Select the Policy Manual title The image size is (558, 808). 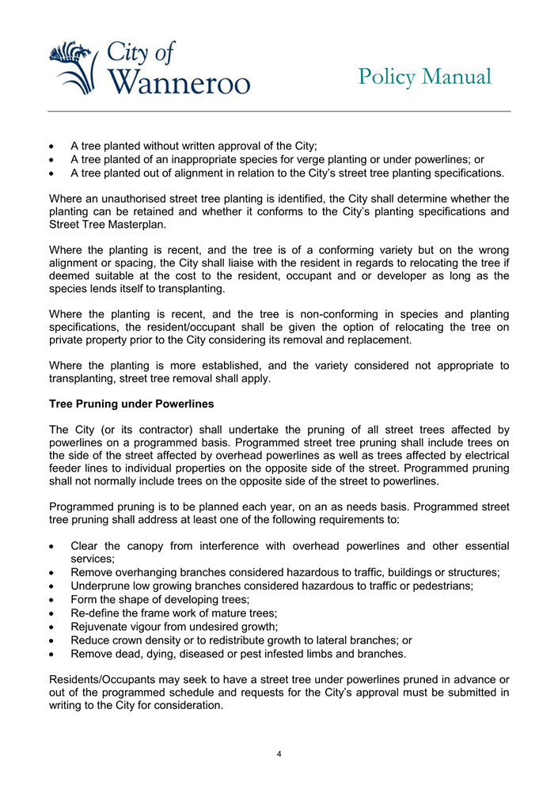424,77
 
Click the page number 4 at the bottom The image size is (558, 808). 279,753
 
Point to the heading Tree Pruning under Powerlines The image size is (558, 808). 131,404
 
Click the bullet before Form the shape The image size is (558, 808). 52,600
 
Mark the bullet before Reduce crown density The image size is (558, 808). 52,641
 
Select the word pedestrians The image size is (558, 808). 440,586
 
